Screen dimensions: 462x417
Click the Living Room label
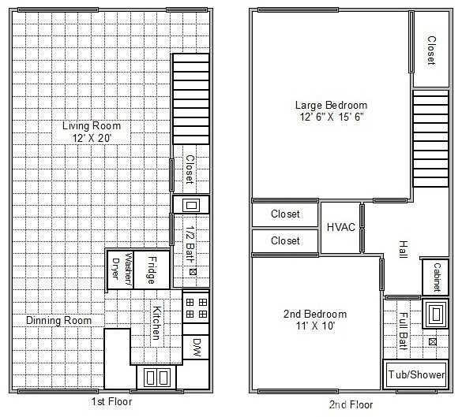[x=92, y=126]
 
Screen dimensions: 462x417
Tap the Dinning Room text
[x=59, y=320]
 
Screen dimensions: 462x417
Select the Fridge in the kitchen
[x=152, y=270]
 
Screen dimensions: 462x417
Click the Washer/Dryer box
[x=120, y=270]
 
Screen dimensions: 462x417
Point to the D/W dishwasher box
[x=196, y=347]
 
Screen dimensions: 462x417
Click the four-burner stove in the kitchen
[x=196, y=308]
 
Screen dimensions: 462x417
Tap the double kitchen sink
[x=156, y=378]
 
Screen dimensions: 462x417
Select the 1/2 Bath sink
[x=191, y=205]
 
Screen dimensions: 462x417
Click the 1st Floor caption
[x=111, y=401]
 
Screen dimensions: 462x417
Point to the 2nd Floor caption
[x=351, y=404]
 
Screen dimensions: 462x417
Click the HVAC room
[x=340, y=227]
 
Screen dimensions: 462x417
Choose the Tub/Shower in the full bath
[x=416, y=374]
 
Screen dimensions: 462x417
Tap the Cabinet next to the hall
[x=435, y=277]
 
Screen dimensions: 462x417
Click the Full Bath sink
[x=435, y=314]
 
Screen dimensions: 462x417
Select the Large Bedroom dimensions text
[x=332, y=117]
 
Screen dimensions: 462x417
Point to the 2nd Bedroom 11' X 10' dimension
[x=315, y=326]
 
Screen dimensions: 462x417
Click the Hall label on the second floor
[x=403, y=249]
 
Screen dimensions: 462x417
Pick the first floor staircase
[x=191, y=99]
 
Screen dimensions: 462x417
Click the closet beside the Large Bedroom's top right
[x=431, y=50]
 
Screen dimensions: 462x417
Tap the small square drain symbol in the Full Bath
[x=433, y=341]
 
